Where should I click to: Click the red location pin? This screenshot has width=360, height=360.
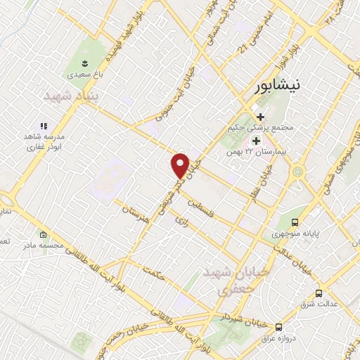[181, 165]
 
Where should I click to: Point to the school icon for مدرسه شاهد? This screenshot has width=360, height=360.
[43, 126]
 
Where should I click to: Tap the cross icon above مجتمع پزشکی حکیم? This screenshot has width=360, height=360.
[260, 117]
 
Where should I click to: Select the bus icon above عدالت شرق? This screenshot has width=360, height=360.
[319, 293]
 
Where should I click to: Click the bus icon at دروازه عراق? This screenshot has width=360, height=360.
[279, 327]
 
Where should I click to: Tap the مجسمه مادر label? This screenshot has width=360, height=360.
[43, 246]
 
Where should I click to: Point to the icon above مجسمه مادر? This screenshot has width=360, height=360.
[43, 234]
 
